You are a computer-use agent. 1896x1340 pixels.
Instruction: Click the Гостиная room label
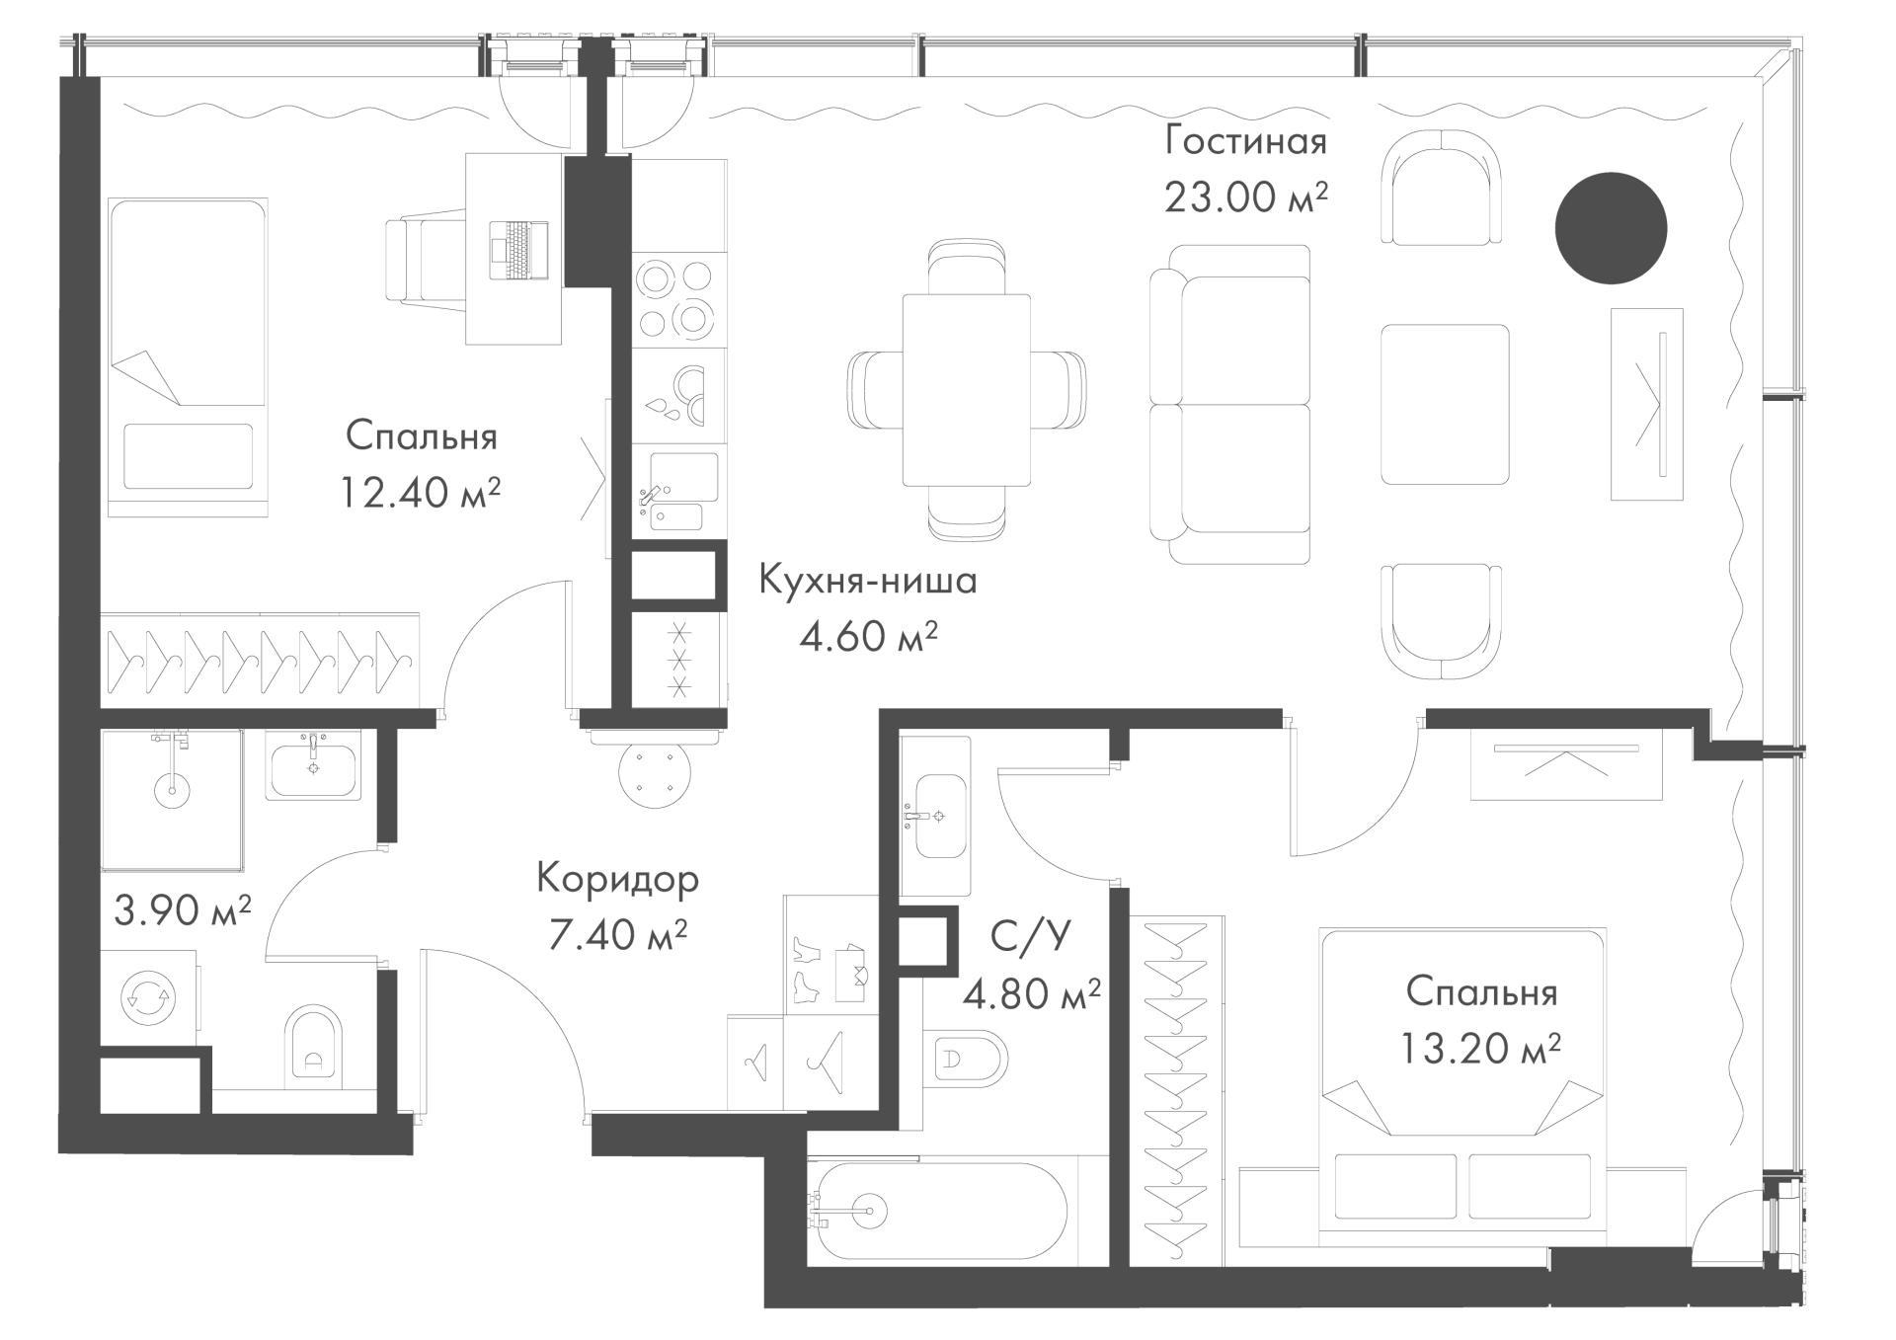point(1245,141)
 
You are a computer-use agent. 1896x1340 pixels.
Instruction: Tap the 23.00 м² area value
point(1245,197)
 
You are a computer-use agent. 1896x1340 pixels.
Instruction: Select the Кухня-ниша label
point(868,581)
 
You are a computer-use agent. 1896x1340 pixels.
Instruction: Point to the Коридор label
point(618,879)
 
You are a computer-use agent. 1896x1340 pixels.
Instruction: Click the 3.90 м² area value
point(183,909)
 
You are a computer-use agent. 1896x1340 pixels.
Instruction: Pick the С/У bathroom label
point(1031,934)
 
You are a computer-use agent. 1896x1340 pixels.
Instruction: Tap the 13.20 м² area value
point(1480,1048)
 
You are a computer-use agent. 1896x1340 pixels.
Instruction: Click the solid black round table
point(1611,228)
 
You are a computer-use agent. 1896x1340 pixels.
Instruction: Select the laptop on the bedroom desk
point(519,250)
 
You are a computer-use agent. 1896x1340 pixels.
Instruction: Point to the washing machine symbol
point(147,998)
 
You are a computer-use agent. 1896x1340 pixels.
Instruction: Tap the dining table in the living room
point(967,390)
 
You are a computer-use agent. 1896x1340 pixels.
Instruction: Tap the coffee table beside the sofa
point(1445,405)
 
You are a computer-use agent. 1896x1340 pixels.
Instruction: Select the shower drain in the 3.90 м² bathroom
point(173,789)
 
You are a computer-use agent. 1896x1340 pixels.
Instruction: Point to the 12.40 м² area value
point(421,492)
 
